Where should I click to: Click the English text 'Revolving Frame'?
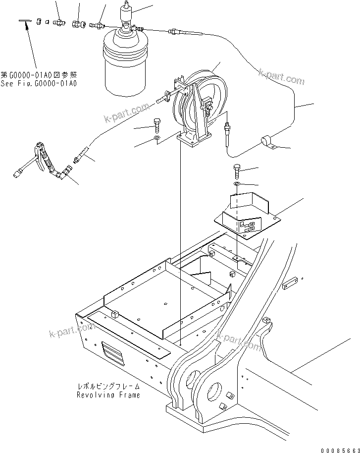pyautogui.click(x=108, y=395)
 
